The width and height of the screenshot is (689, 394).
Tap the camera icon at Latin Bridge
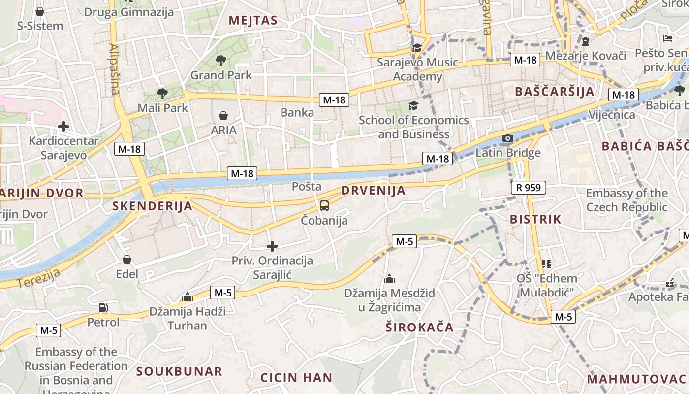click(x=508, y=138)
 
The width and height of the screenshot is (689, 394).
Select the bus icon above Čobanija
click(x=324, y=206)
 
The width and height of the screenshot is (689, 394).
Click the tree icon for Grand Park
click(x=221, y=61)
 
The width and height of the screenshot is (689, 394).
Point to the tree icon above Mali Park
click(x=162, y=93)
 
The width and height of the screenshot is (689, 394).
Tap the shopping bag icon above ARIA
click(x=223, y=116)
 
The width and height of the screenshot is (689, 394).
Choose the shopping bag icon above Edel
click(x=127, y=259)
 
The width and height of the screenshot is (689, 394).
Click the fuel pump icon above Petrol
click(x=103, y=308)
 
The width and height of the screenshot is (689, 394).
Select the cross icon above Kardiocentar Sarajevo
click(x=63, y=127)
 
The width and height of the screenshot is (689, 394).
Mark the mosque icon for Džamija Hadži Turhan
click(x=187, y=297)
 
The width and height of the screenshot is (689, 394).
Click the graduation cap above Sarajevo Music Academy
click(x=417, y=48)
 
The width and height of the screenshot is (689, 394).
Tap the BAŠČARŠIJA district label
click(x=555, y=92)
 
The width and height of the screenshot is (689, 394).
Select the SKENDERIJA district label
click(x=152, y=206)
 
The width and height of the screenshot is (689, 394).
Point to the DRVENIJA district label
click(x=373, y=191)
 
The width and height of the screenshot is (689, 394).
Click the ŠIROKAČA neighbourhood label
click(x=419, y=328)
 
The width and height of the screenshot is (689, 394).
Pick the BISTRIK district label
click(x=535, y=220)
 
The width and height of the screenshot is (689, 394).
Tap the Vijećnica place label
click(x=612, y=115)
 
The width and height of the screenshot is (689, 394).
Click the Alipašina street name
click(x=114, y=69)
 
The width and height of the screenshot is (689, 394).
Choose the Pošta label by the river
click(x=307, y=186)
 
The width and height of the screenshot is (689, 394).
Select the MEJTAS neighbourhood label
click(x=253, y=21)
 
